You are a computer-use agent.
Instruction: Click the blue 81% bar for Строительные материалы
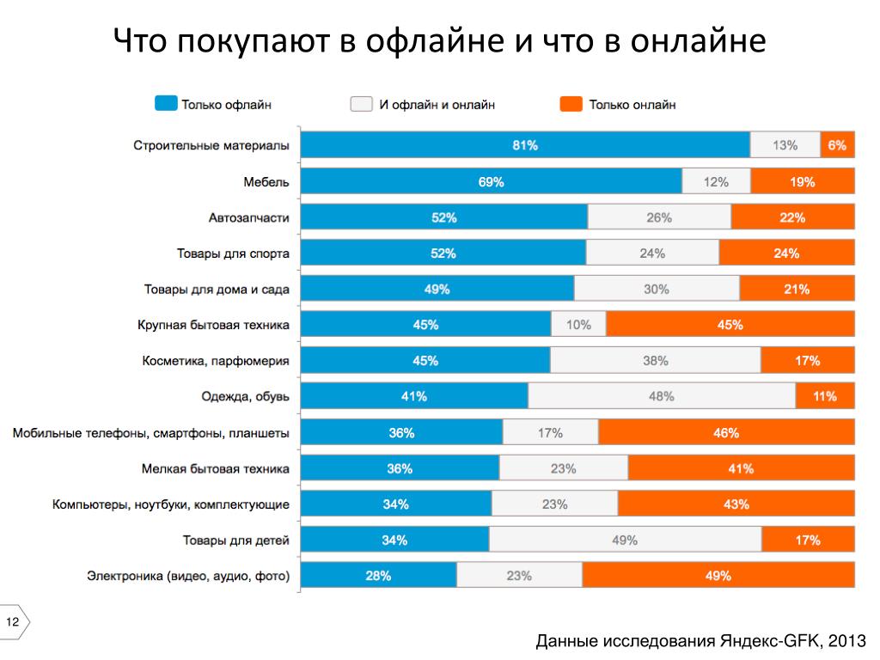(x=525, y=145)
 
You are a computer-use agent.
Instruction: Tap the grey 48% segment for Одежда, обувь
(x=662, y=396)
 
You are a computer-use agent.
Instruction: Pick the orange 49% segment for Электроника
(x=718, y=576)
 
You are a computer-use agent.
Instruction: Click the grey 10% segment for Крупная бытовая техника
(x=578, y=325)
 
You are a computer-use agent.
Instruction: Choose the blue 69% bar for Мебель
(x=491, y=181)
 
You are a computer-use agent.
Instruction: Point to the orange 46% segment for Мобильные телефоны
(x=726, y=432)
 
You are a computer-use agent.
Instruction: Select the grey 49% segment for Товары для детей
(x=625, y=540)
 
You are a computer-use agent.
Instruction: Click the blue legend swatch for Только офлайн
(x=166, y=104)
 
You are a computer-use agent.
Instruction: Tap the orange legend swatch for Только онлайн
(x=571, y=104)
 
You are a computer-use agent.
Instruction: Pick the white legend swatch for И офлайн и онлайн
(x=361, y=104)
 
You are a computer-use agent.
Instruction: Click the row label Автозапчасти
(x=248, y=217)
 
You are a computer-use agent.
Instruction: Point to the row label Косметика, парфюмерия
(x=216, y=361)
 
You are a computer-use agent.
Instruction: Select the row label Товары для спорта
(x=233, y=254)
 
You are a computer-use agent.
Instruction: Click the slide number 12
(x=13, y=621)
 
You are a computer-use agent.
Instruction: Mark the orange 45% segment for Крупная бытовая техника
(x=730, y=325)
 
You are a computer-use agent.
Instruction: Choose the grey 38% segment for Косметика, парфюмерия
(x=655, y=361)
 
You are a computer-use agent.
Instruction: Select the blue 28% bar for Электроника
(x=378, y=576)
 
